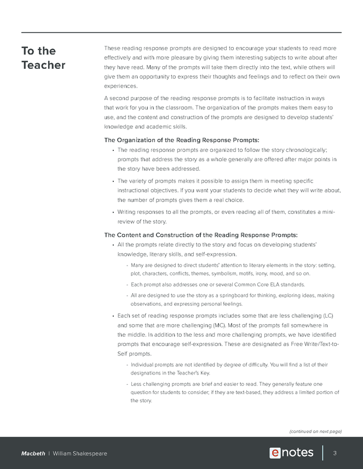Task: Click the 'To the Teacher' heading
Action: (43, 58)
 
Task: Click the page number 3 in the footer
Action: (335, 453)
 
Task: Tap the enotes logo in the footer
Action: (291, 453)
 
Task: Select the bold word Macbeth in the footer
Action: (33, 454)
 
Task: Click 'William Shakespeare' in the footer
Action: (80, 454)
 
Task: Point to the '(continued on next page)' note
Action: (315, 431)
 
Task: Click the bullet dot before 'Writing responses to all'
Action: (112, 212)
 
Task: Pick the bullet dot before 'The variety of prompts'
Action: (112, 181)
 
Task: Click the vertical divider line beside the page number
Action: (323, 453)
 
